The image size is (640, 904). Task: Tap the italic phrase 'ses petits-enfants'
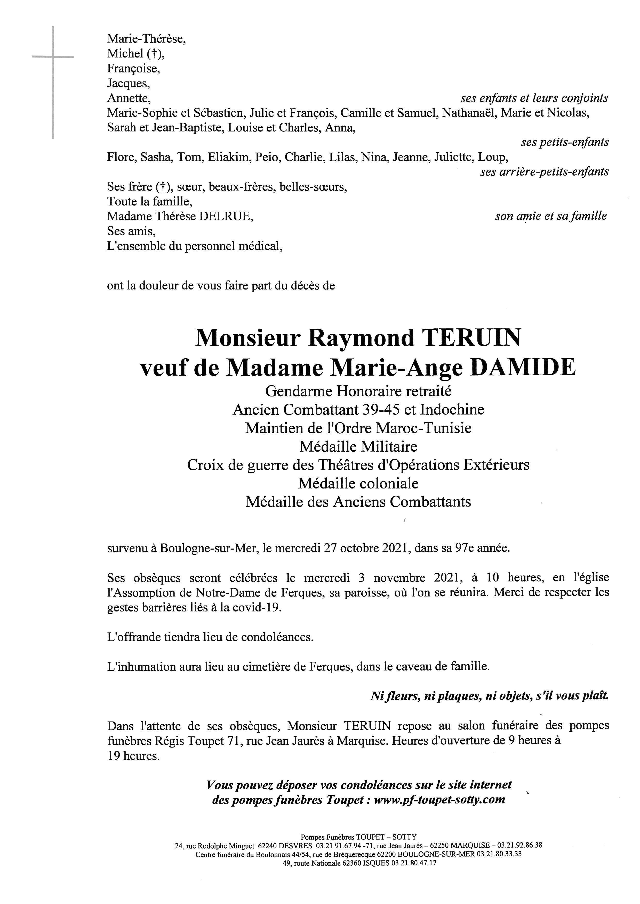(564, 142)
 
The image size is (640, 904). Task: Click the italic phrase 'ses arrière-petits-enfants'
(544, 172)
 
